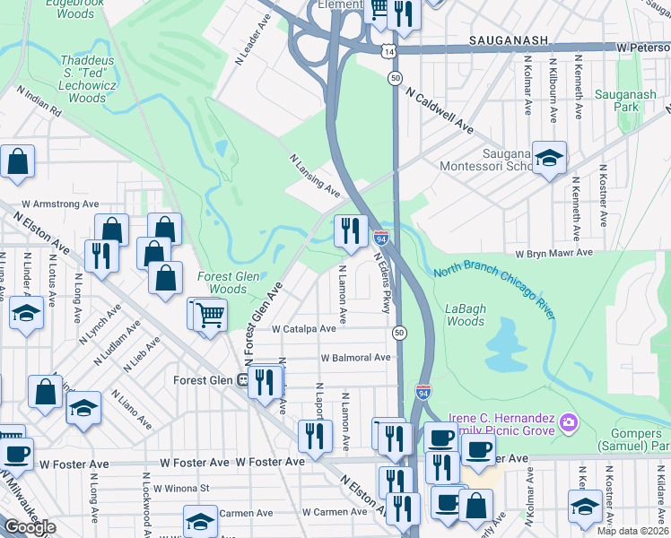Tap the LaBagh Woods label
466,315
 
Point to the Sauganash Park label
614,100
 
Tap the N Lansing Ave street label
314,176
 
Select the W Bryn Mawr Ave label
554,254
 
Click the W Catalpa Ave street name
303,329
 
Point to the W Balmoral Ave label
355,358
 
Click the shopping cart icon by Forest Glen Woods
209,315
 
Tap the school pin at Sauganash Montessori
548,158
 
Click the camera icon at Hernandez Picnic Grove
567,421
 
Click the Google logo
30,528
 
